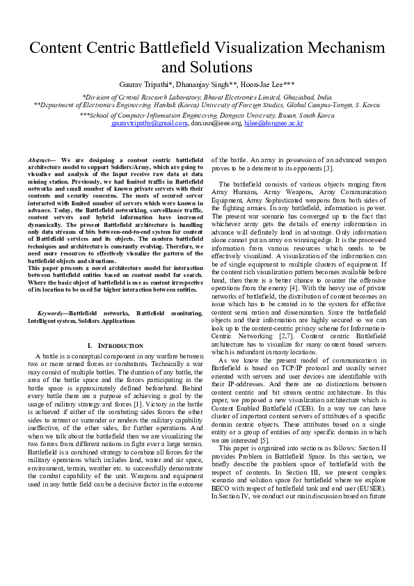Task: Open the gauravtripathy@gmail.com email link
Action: click(x=150, y=123)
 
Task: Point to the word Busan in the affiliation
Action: click(x=285, y=116)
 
